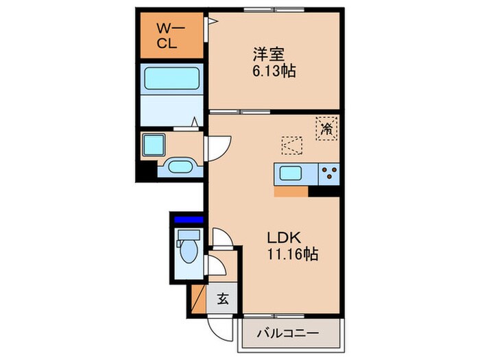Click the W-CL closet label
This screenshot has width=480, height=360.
(168, 35)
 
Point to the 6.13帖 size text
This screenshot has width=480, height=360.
(273, 71)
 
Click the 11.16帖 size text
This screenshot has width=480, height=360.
(291, 254)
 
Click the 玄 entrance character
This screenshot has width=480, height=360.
(223, 299)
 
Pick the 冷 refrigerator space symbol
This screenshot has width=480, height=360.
(328, 128)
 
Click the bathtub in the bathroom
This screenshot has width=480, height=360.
(171, 81)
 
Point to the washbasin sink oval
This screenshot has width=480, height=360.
(180, 166)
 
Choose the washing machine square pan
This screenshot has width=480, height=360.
(153, 144)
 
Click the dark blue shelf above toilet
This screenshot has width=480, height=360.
(188, 220)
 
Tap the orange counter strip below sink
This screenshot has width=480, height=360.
(291, 191)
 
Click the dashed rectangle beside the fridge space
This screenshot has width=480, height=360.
(291, 146)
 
